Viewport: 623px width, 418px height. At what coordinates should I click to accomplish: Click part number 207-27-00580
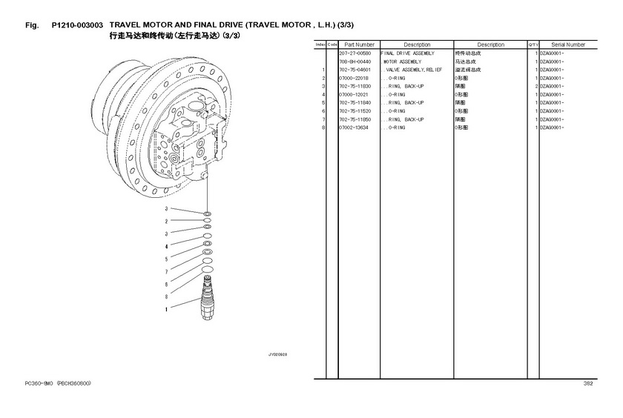355,54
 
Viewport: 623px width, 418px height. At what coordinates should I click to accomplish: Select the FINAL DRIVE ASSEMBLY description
406,54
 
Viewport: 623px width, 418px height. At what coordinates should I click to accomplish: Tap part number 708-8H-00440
355,62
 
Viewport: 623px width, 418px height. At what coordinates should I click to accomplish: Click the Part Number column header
358,45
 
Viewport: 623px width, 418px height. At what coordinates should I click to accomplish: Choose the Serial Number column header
568,45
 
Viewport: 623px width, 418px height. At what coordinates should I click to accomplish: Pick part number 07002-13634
353,127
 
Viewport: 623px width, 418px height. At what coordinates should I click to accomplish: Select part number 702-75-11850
355,119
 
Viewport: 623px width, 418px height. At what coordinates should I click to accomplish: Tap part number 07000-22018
353,79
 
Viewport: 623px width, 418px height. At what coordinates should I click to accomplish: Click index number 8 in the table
324,127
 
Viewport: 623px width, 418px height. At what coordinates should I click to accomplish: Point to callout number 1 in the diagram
166,308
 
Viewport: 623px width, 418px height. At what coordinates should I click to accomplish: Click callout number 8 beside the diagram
166,296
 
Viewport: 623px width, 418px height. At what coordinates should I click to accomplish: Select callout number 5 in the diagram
166,259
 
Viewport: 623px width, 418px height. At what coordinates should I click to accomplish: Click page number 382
588,383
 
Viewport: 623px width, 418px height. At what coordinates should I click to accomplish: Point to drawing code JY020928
277,354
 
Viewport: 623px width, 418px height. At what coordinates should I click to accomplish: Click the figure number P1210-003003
82,24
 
